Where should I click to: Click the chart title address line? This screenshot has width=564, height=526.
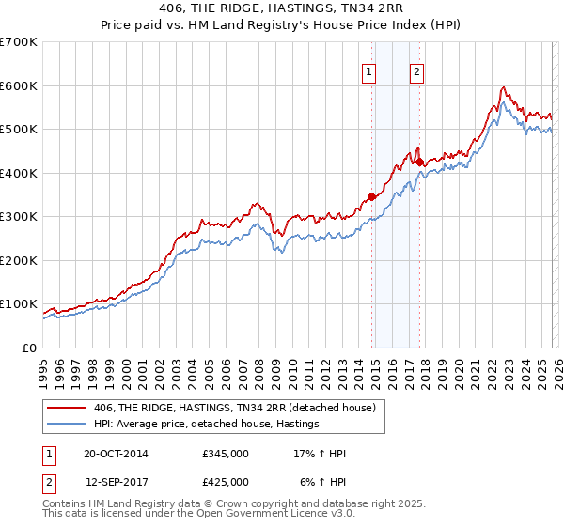tap(282, 9)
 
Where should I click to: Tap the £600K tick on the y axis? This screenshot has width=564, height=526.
tap(19, 85)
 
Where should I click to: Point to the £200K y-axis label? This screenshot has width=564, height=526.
tap(19, 260)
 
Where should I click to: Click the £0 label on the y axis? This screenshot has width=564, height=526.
tap(28, 348)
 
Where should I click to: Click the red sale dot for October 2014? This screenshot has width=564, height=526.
tap(371, 196)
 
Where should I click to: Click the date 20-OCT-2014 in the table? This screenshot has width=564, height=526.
tap(116, 454)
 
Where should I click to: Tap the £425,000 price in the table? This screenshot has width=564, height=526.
tap(226, 481)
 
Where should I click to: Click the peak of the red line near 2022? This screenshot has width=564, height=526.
tap(504, 87)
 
